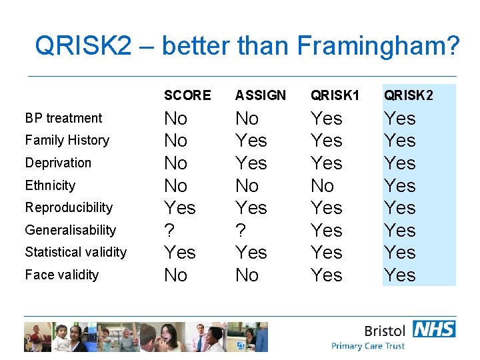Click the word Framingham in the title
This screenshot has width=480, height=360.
pyautogui.click(x=378, y=47)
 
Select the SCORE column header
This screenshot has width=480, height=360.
pyautogui.click(x=187, y=95)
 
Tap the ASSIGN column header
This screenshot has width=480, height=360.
pyautogui.click(x=261, y=95)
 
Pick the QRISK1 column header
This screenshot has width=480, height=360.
pyautogui.click(x=335, y=95)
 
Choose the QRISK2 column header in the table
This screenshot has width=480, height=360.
pyautogui.click(x=408, y=95)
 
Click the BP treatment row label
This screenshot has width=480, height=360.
pyautogui.click(x=64, y=118)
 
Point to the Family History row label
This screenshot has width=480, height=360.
pyautogui.click(x=67, y=140)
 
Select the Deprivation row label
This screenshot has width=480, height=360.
pyautogui.click(x=58, y=163)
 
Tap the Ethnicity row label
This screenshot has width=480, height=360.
pyautogui.click(x=51, y=185)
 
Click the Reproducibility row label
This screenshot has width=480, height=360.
pyautogui.click(x=69, y=207)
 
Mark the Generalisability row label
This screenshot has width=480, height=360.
pyautogui.click(x=71, y=230)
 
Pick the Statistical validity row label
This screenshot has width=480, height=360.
pyautogui.click(x=76, y=252)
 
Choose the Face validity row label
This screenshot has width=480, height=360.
pyautogui.click(x=62, y=275)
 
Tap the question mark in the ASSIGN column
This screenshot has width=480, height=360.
pyautogui.click(x=241, y=230)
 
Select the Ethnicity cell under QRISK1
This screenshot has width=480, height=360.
pyautogui.click(x=323, y=185)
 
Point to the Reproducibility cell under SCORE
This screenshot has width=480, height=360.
pyautogui.click(x=180, y=207)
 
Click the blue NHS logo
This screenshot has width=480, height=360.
pyautogui.click(x=434, y=329)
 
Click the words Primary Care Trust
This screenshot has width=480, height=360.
pyautogui.click(x=368, y=346)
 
